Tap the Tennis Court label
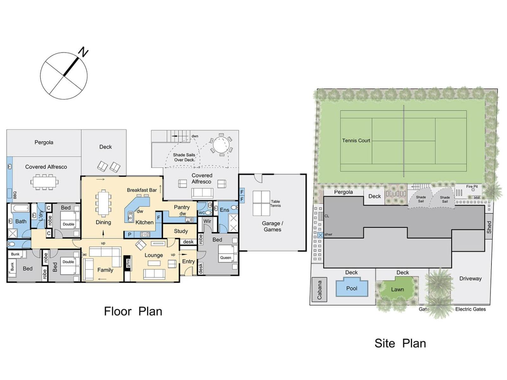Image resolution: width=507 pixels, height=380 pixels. (356, 141)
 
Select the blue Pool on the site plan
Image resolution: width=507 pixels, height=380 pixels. (351, 288)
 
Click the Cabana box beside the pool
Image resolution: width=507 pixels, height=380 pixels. (319, 290)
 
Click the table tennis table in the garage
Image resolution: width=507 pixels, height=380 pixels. (261, 203)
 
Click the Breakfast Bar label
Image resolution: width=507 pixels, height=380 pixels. (142, 190)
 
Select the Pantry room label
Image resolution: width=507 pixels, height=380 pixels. (182, 207)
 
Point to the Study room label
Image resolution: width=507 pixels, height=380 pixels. (181, 231)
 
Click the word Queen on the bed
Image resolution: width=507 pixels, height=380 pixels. (225, 257)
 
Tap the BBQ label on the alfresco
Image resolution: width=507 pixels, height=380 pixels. (15, 195)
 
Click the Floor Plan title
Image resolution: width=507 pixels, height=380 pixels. (133, 311)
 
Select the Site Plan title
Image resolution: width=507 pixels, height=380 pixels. (400, 343)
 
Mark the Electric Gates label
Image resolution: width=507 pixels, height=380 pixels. (471, 309)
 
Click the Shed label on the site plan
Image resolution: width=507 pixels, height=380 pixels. (489, 227)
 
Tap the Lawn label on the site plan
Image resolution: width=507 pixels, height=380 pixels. (397, 289)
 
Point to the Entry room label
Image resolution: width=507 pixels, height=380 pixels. (189, 262)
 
